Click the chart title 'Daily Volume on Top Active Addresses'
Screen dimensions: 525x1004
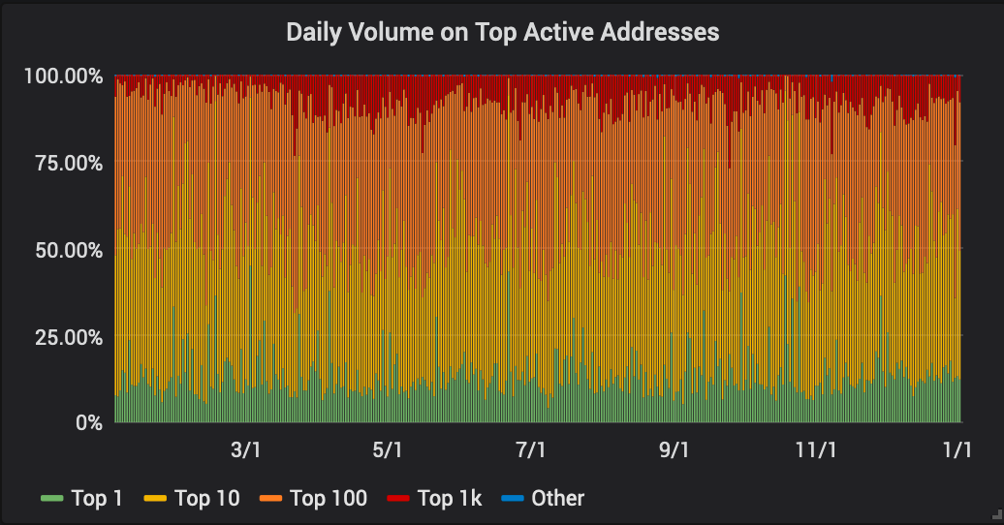click(x=502, y=32)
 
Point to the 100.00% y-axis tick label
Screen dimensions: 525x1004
click(x=63, y=76)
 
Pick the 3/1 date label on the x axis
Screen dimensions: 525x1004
click(x=245, y=450)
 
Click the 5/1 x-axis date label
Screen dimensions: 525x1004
click(x=388, y=450)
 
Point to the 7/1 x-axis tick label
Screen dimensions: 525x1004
click(x=530, y=450)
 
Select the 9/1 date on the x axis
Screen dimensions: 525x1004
click(x=674, y=450)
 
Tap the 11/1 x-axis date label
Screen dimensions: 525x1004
click(x=816, y=450)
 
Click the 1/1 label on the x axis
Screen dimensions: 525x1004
click(x=957, y=450)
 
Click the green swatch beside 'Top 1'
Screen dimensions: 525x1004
click(x=51, y=499)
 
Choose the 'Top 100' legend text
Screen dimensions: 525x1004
click(x=329, y=499)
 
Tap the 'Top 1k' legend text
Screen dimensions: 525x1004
click(x=450, y=499)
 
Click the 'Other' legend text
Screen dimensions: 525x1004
click(x=558, y=499)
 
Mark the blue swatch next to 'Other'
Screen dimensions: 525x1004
click(x=512, y=499)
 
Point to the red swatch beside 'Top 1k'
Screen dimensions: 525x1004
click(x=398, y=499)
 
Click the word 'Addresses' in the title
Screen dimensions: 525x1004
click(x=660, y=32)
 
